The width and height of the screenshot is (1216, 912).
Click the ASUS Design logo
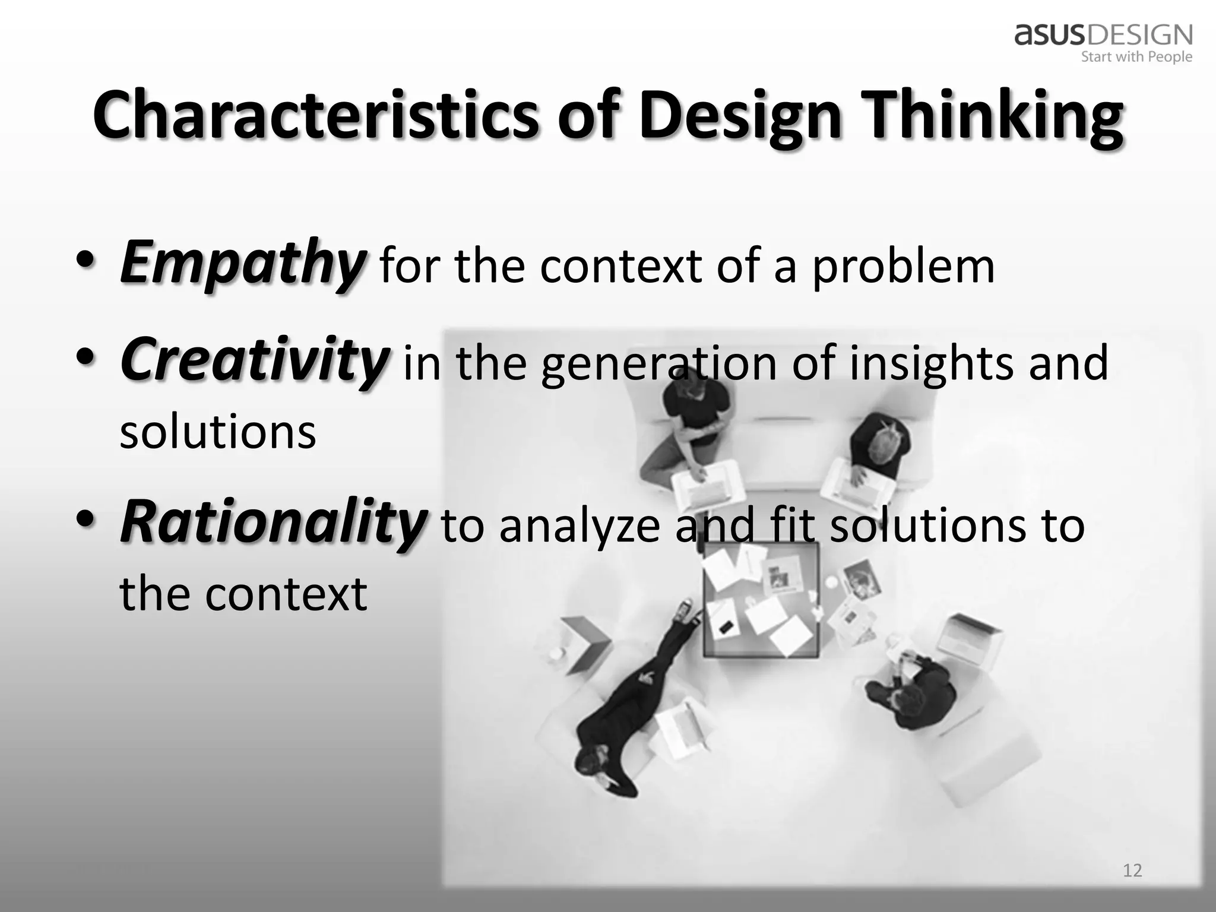(x=1103, y=34)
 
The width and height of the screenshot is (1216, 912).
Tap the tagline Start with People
(x=1136, y=57)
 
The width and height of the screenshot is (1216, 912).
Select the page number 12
(x=1132, y=870)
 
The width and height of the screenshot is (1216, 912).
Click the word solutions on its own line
(x=218, y=432)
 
